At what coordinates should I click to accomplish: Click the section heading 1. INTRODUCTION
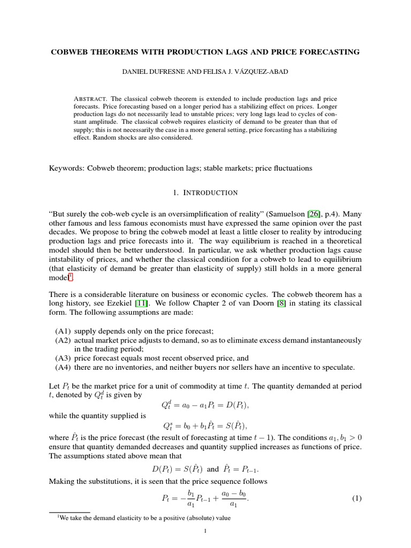click(205, 192)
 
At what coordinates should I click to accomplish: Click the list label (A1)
click(64, 331)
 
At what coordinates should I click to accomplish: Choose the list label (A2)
click(64, 340)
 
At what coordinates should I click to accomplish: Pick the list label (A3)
click(64, 358)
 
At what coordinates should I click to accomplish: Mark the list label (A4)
click(64, 367)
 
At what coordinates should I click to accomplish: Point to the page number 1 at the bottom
click(205, 531)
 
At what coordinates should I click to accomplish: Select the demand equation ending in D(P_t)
click(205, 406)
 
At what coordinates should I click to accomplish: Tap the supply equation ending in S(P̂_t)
click(205, 425)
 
